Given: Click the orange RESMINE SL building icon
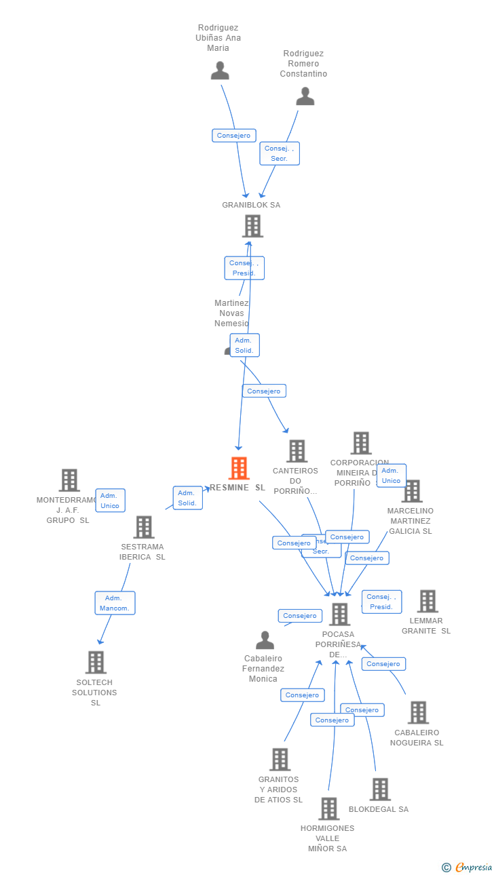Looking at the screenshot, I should [x=239, y=468].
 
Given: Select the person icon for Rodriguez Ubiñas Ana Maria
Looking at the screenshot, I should [x=220, y=71].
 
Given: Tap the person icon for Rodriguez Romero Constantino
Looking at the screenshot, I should [x=305, y=97].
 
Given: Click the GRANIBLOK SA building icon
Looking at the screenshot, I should [x=252, y=226].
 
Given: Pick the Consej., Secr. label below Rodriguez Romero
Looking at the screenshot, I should [x=279, y=153].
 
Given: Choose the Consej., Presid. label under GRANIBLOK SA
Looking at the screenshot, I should [x=244, y=268].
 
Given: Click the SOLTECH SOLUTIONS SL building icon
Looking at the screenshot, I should [x=96, y=662].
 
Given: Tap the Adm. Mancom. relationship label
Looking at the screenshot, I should [x=115, y=603].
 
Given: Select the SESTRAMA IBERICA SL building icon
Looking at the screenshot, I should [x=143, y=527].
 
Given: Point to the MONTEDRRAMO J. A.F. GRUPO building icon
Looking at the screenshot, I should [x=69, y=480].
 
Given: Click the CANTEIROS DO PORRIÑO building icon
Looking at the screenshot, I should [x=297, y=451].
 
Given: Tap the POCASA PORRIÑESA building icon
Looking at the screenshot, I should [x=339, y=614].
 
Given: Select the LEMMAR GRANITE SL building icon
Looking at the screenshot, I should [x=427, y=601].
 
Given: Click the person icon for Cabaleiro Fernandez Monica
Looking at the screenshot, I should [x=265, y=640].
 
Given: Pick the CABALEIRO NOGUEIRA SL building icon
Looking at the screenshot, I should [x=418, y=712].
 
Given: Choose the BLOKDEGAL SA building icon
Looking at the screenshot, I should [x=380, y=789].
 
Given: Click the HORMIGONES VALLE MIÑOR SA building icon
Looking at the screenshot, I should [x=329, y=809].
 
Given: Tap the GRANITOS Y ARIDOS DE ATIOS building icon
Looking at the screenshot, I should [x=280, y=760].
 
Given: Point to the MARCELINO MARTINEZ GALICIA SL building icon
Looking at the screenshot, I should [x=412, y=491].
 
